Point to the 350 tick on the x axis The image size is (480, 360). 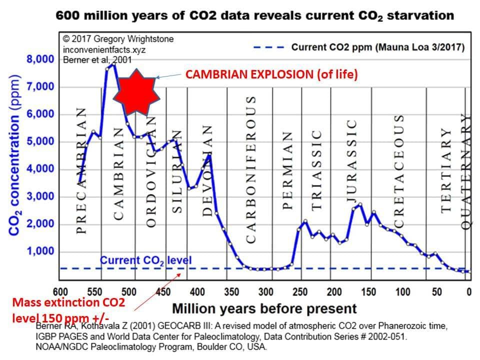click(x=231, y=291)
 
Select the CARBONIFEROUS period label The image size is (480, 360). click(x=251, y=170)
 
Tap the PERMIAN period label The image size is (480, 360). click(x=287, y=170)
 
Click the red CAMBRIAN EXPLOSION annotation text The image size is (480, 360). click(x=272, y=75)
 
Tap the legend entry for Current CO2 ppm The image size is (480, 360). click(x=377, y=48)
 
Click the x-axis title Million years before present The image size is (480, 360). click(x=264, y=307)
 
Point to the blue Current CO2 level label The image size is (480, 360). click(x=145, y=260)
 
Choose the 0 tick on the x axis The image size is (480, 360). click(x=468, y=291)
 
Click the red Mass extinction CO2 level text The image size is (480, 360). click(x=68, y=310)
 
